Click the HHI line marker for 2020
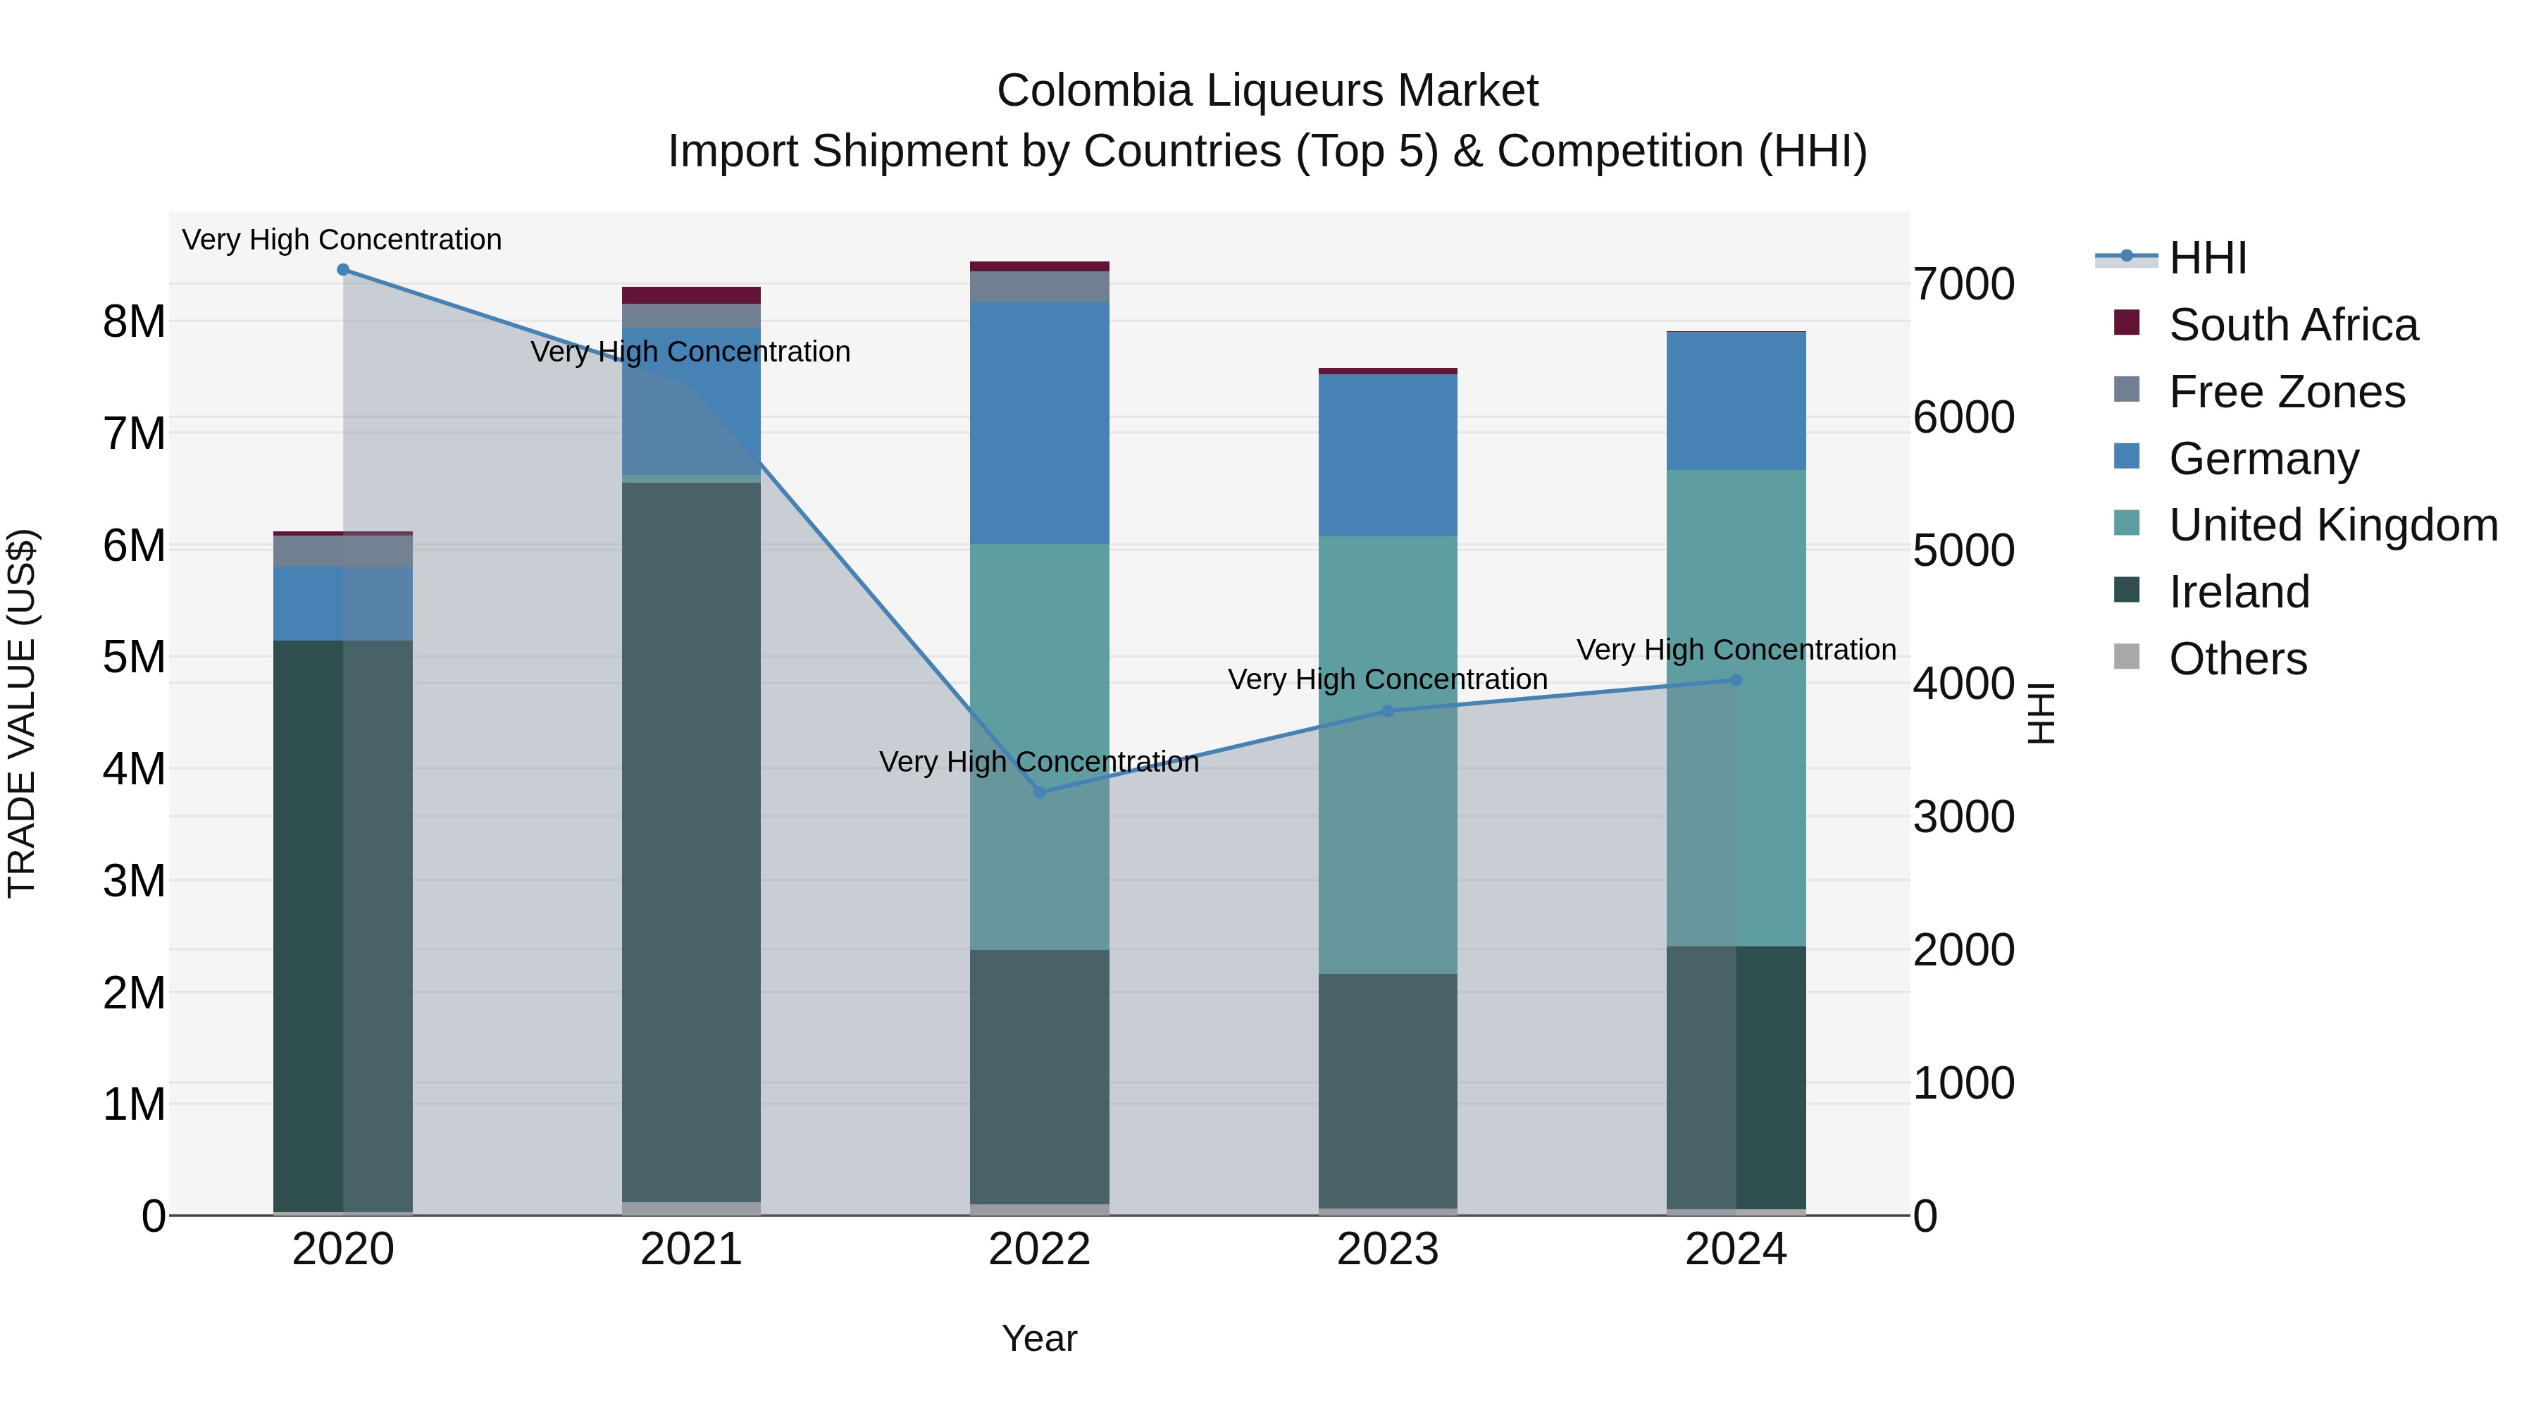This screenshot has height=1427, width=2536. (x=342, y=269)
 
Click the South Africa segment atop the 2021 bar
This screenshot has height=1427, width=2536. (x=691, y=295)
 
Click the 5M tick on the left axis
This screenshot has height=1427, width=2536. (x=135, y=657)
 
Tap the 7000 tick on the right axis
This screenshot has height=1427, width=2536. (x=1963, y=285)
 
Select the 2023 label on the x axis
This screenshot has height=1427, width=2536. (x=1387, y=1249)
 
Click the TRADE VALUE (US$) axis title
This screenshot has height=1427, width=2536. (x=23, y=713)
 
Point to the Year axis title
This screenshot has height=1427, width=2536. (x=1038, y=1338)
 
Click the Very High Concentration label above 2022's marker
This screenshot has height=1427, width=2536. (x=1038, y=761)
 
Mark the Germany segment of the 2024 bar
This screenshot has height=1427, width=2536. (x=1736, y=401)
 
